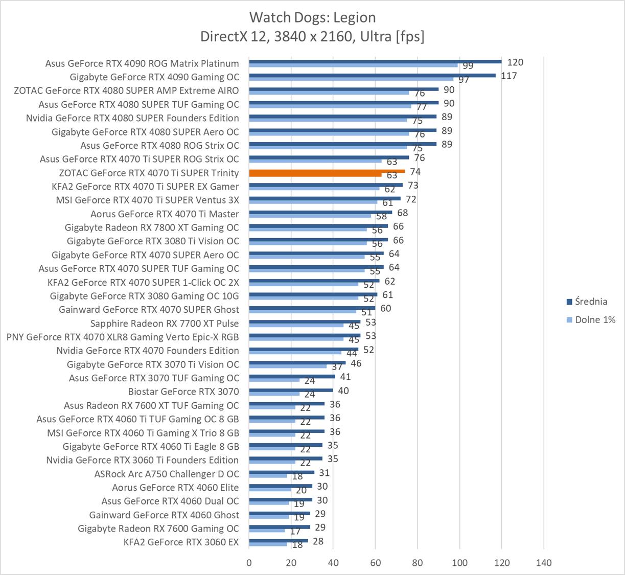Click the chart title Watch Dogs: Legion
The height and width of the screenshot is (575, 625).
coord(312,17)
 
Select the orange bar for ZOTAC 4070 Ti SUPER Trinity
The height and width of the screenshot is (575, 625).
coord(327,171)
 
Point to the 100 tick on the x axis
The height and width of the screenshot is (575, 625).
coord(459,563)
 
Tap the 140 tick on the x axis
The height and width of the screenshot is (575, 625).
coord(544,563)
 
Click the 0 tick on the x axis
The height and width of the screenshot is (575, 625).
coord(249,563)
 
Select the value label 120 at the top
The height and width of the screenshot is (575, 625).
coord(515,62)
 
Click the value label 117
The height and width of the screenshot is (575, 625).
coord(509,76)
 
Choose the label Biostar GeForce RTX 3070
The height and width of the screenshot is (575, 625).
coord(183,392)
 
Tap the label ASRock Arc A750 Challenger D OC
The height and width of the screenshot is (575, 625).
coord(167,474)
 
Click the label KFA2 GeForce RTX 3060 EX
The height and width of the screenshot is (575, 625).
coord(181,542)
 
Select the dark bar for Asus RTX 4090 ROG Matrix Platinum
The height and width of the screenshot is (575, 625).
coord(375,62)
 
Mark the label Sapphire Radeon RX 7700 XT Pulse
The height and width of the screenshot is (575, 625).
coord(165,323)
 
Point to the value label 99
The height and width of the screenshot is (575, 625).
coord(468,66)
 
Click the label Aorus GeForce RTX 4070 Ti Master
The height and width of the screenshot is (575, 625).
coord(165,214)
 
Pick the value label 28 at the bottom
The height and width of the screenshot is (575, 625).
coord(318,541)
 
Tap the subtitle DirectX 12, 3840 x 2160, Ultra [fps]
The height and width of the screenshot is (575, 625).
coord(312,36)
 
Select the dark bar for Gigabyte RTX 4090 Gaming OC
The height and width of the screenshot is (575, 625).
coord(372,75)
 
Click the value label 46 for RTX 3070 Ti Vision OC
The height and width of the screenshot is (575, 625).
coord(356,363)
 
